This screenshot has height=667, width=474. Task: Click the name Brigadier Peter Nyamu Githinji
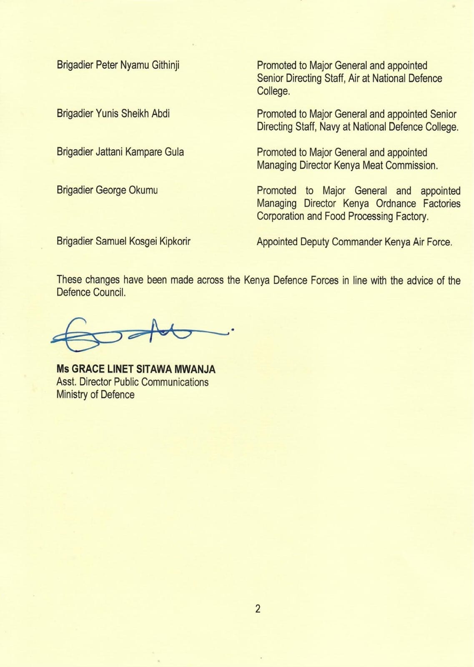[118, 65]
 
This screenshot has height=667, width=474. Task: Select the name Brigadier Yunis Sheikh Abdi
[113, 114]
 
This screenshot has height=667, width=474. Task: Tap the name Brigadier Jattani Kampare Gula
[120, 152]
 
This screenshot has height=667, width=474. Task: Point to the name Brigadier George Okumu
[107, 191]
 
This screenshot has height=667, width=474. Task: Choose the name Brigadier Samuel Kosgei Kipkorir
[123, 241]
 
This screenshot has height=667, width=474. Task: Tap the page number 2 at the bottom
[258, 609]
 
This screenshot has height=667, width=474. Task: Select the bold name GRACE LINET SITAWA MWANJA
[143, 369]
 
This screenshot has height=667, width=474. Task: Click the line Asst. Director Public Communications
[133, 382]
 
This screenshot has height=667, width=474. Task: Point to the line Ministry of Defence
[95, 394]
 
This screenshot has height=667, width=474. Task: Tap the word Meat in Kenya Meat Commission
[372, 165]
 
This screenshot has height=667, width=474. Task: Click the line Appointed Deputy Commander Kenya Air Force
[354, 242]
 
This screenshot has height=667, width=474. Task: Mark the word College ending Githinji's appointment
[273, 91]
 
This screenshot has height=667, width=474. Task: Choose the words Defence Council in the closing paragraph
[91, 293]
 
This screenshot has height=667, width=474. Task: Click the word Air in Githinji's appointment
[354, 78]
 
